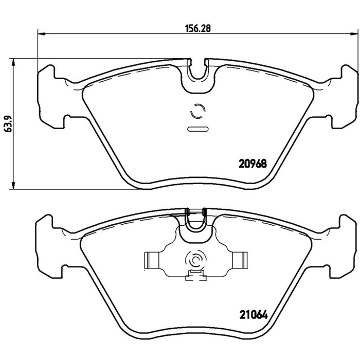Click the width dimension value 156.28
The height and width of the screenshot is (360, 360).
coord(197,28)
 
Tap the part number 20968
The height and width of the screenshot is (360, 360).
coord(253,164)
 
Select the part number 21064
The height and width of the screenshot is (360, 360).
coord(254,315)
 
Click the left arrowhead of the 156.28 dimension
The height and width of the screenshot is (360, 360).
coord(41,34)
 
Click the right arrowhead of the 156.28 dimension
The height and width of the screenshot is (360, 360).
coord(354,34)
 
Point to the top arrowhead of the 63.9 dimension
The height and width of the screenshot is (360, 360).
coord(13,62)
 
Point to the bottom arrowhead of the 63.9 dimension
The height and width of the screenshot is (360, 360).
coord(13,185)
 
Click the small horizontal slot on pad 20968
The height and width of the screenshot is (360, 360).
coord(198,129)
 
